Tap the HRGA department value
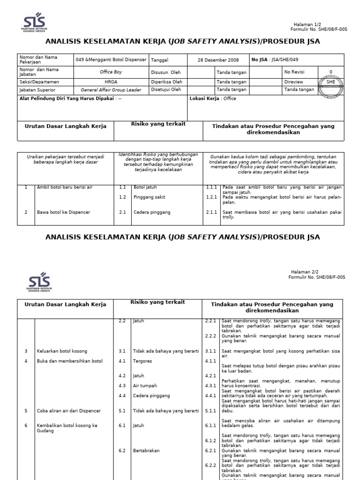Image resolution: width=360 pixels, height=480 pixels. pos(111,82)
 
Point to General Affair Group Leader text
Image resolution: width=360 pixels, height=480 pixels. pos(111,90)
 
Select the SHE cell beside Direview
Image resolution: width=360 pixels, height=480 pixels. pos(331,82)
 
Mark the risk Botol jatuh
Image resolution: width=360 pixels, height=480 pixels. pos(145,187)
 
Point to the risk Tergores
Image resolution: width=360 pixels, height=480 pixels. pos(143,361)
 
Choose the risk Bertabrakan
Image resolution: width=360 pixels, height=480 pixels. pos(146,450)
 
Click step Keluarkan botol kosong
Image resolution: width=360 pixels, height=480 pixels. pos(62,351)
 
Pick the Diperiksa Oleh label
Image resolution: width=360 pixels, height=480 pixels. pos(166,82)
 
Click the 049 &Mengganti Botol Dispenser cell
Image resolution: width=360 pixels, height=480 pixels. pos(111,60)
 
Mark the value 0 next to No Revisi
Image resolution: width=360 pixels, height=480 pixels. pos(331,72)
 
